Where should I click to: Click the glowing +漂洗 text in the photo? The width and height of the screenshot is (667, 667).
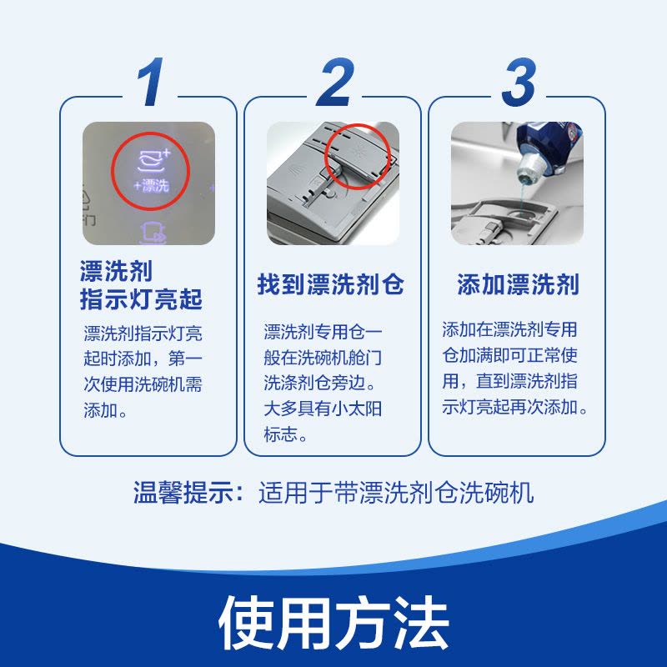point(151,185)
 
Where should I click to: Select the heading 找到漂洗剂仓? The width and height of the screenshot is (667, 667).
point(331,284)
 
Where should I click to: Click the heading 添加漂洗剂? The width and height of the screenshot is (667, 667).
point(517,284)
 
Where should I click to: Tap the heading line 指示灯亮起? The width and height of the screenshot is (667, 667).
point(141,298)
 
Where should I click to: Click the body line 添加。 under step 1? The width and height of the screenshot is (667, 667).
point(106,412)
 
